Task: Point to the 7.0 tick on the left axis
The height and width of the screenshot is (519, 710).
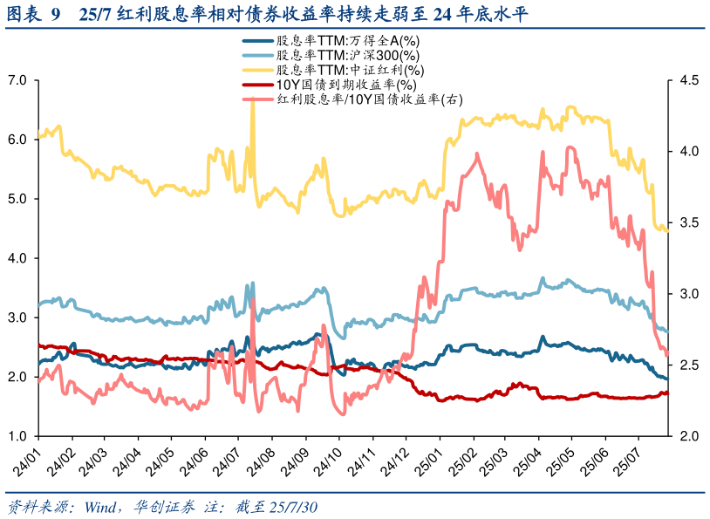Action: point(17,80)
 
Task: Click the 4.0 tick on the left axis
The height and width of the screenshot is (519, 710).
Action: point(17,258)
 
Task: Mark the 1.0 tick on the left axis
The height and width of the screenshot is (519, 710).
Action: point(17,436)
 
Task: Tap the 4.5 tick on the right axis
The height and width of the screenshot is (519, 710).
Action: point(688,80)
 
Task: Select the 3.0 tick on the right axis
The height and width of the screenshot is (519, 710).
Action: point(688,294)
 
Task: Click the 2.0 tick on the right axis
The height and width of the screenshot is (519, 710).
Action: point(688,436)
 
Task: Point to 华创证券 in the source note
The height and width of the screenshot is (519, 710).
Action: point(164,507)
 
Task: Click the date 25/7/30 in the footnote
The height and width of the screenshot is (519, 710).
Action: point(293,507)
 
